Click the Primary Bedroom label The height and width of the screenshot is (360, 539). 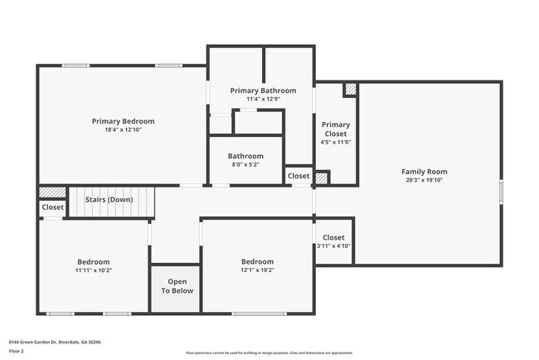pyautogui.click(x=123, y=121)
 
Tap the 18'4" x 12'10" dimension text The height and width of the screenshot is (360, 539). pyautogui.click(x=123, y=130)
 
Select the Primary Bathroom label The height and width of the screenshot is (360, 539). pyautogui.click(x=263, y=90)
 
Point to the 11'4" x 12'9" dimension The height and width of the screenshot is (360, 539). pyautogui.click(x=263, y=100)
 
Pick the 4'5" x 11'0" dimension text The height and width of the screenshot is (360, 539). pyautogui.click(x=336, y=142)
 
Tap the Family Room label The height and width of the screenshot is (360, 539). pyautogui.click(x=425, y=172)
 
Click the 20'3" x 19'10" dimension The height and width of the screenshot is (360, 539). pyautogui.click(x=425, y=180)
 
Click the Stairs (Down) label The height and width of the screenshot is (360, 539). pyautogui.click(x=109, y=200)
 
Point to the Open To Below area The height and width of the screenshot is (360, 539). pyautogui.click(x=177, y=286)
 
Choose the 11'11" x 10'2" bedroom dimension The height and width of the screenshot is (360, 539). pyautogui.click(x=94, y=270)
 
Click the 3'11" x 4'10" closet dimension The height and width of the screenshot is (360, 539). pyautogui.click(x=334, y=246)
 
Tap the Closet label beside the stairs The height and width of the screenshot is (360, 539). pyautogui.click(x=53, y=207)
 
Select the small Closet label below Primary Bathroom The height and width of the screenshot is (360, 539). pyautogui.click(x=299, y=176)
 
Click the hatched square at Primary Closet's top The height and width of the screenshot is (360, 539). pyautogui.click(x=351, y=88)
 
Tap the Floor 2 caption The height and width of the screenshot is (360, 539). pyautogui.click(x=17, y=351)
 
